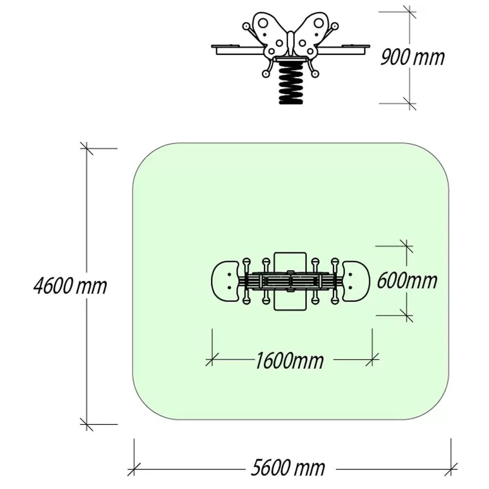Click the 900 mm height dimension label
point(412,57)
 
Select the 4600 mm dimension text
point(70,286)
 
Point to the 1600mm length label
point(289,361)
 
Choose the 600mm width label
point(407,280)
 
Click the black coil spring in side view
point(290,82)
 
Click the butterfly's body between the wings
point(290,44)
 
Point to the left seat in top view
point(225,281)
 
